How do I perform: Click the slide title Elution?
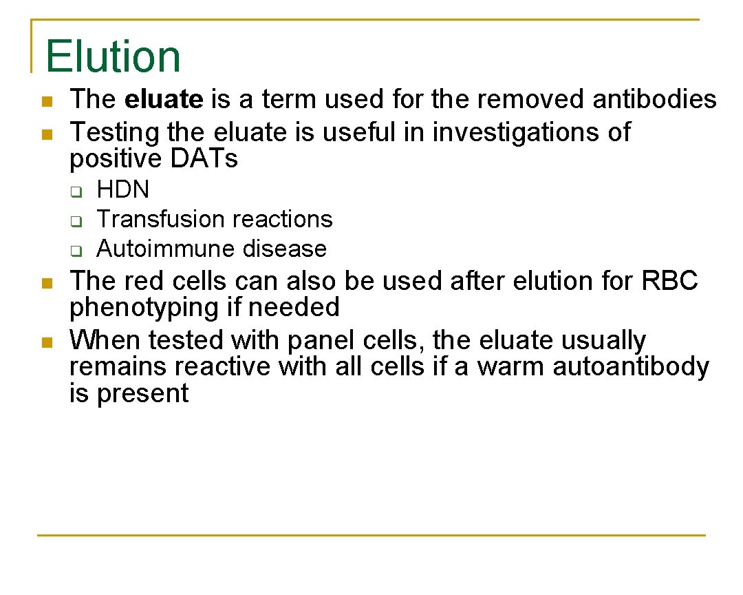(x=113, y=56)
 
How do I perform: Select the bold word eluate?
(x=164, y=100)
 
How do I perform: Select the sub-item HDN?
(x=122, y=189)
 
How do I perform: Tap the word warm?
(x=511, y=366)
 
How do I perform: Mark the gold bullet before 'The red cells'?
(x=46, y=282)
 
